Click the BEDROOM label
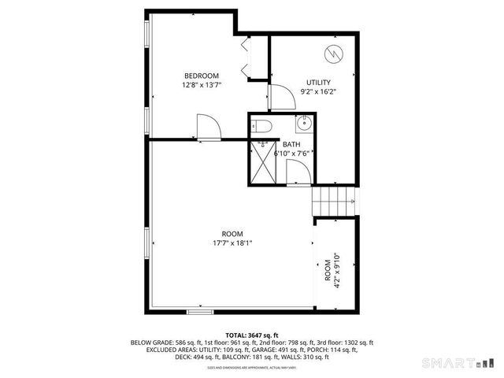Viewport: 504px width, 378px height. [x=201, y=76]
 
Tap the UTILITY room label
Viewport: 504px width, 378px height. [x=317, y=82]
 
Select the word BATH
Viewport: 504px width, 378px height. [x=291, y=144]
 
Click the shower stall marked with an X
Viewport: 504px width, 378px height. [x=261, y=164]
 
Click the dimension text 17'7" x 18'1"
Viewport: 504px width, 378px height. [x=232, y=243]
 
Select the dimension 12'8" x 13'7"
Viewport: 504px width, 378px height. [x=201, y=85]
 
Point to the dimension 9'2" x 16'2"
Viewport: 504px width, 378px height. [x=317, y=91]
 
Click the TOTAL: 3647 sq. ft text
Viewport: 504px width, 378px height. [x=251, y=335]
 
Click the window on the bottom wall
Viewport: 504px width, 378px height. [x=199, y=312]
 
